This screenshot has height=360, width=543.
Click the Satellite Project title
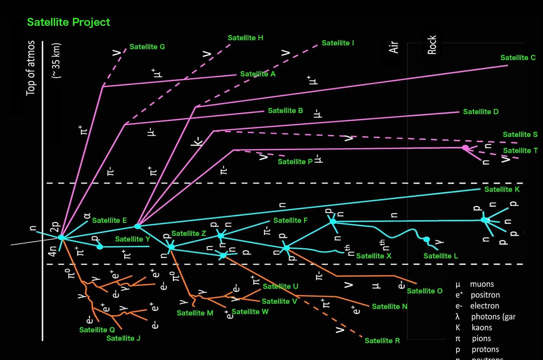coord(68,22)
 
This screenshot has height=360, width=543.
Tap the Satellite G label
coord(147,47)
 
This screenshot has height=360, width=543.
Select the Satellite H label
coord(245,38)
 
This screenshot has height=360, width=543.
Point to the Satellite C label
coord(518,58)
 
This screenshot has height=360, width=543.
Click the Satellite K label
coord(502,189)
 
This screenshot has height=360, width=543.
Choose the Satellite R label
coord(382,341)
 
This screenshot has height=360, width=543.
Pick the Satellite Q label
coord(97,330)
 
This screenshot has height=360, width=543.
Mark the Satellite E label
coord(109,220)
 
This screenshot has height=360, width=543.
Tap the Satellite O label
coord(425,291)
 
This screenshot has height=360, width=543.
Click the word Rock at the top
coord(432,45)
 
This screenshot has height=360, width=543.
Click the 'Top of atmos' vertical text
coord(31,68)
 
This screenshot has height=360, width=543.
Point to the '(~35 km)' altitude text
coord(56,61)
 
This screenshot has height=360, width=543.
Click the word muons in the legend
coord(482,284)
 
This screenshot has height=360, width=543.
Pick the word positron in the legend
coord(485,295)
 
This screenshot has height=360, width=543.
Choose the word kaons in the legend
coord(482,328)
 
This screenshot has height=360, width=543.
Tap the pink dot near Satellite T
coord(465,148)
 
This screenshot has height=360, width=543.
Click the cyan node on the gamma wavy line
coord(427,239)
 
